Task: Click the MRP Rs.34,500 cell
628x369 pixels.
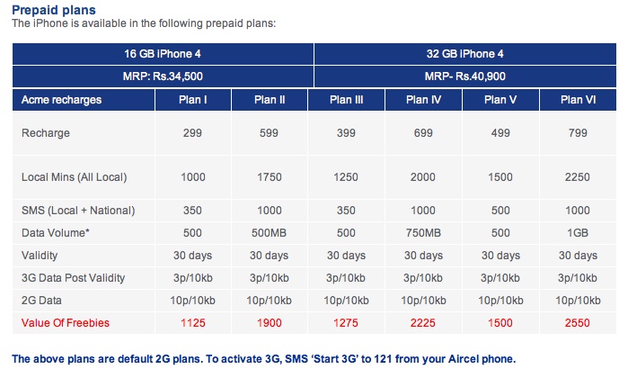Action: click(162, 76)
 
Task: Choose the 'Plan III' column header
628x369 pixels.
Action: click(346, 99)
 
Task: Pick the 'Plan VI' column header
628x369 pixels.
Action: click(578, 99)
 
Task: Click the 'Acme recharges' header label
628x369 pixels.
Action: click(61, 99)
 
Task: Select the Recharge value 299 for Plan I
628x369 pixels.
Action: click(192, 133)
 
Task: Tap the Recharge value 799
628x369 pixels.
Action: click(578, 133)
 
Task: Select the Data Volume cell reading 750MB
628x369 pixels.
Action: click(423, 232)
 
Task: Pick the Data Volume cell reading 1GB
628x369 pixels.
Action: click(578, 232)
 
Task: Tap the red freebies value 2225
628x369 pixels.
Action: click(423, 321)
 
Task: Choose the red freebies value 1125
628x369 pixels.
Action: click(192, 321)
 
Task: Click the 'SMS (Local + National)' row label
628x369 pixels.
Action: click(77, 210)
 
